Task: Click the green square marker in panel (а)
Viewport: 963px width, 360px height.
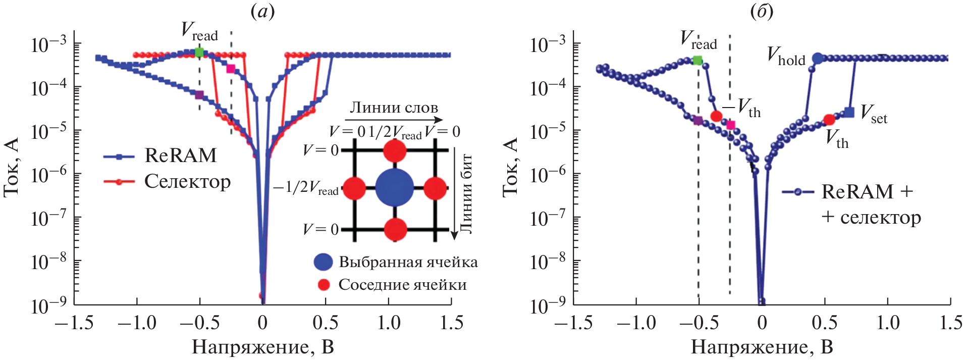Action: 199,52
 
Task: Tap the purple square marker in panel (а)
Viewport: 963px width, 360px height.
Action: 199,94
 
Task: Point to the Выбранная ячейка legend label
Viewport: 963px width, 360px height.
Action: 408,262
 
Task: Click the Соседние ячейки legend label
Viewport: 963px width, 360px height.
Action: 402,285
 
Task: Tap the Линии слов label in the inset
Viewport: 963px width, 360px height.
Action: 394,108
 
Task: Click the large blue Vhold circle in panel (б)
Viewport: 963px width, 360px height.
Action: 818,59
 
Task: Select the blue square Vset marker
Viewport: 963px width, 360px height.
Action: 849,113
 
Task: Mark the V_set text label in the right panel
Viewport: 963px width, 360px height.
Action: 873,114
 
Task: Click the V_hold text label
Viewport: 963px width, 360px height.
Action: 786,56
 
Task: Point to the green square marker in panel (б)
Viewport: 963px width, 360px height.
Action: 698,61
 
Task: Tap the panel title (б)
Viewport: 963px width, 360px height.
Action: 762,12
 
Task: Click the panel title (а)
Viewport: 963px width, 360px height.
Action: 262,12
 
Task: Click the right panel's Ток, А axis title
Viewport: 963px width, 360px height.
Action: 511,167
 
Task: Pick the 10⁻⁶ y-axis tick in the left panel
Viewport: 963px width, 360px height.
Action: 48,175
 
